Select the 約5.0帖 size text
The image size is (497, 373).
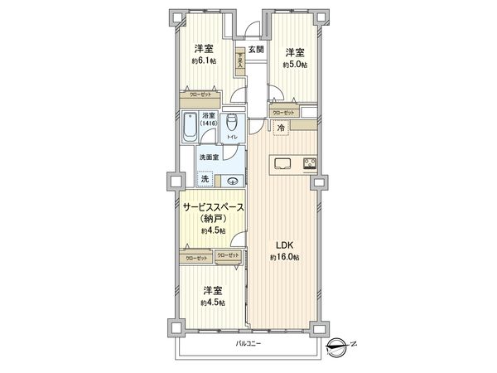[x=294, y=64]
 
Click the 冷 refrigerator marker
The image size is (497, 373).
[x=281, y=127]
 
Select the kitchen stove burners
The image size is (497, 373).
[x=311, y=162]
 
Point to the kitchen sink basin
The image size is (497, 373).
[x=280, y=161]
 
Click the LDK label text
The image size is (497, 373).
[x=284, y=245]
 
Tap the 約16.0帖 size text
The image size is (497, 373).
[x=284, y=258]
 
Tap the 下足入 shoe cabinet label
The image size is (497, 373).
[x=240, y=61]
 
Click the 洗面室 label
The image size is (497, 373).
[x=208, y=157]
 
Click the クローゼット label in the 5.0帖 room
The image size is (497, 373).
[x=283, y=111]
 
